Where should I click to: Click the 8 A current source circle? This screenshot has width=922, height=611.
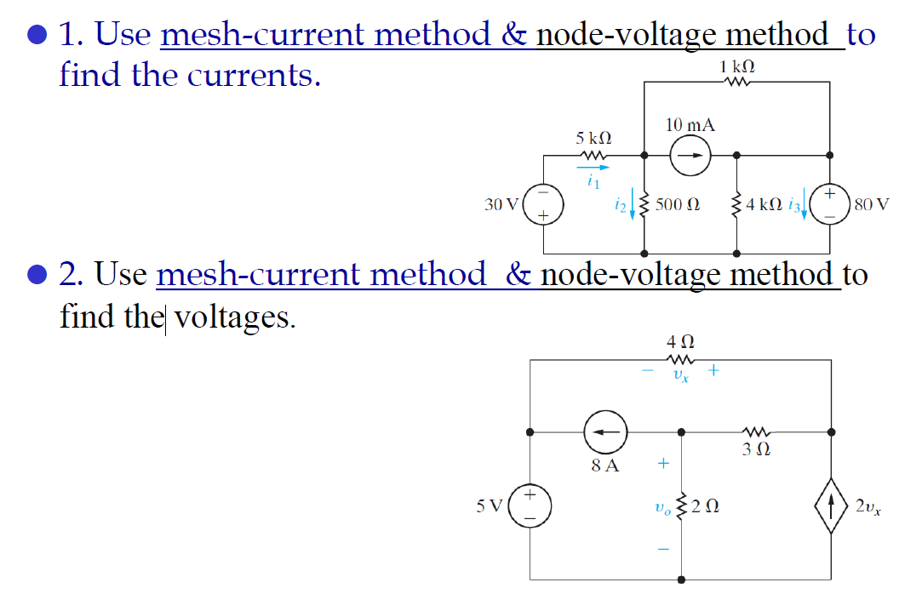coord(604,432)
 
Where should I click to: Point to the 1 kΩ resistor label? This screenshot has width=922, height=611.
coord(737,66)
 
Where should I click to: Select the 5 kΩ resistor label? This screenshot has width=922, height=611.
coord(593,137)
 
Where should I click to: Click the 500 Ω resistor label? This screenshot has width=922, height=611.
coord(681,205)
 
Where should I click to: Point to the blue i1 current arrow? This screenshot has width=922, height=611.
coord(595,168)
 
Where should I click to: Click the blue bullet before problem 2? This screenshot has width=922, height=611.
coord(36,276)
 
